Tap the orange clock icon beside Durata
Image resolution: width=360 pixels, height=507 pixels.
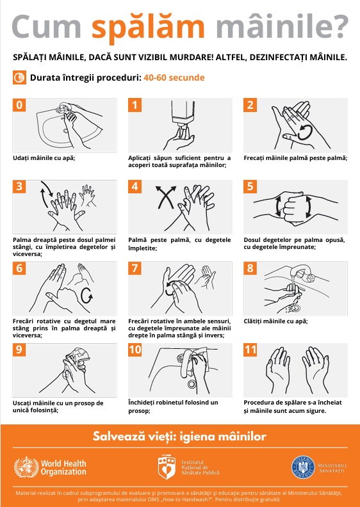(19, 77)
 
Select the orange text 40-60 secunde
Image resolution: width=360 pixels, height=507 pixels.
(174, 77)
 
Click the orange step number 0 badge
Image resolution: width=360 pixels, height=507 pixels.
(19, 105)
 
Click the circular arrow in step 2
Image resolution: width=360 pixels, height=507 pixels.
(305, 133)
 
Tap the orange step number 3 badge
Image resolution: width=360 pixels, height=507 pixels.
(19, 186)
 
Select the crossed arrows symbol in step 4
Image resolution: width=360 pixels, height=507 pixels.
(166, 197)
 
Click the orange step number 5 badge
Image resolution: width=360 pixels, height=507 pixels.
(250, 186)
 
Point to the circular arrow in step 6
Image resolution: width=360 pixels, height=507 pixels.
(86, 295)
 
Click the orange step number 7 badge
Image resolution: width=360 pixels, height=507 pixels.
(135, 268)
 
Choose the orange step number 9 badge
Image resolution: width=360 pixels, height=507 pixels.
(19, 350)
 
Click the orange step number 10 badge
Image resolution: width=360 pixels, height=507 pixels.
(135, 350)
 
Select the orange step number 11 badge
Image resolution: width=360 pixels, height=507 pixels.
(250, 350)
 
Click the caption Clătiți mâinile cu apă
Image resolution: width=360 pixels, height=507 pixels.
(275, 321)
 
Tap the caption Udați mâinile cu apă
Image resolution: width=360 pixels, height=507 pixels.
(44, 158)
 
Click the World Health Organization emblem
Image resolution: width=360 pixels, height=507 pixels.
(26, 467)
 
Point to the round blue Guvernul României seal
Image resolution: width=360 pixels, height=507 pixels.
(303, 467)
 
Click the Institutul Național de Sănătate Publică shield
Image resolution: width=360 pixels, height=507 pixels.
(167, 467)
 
